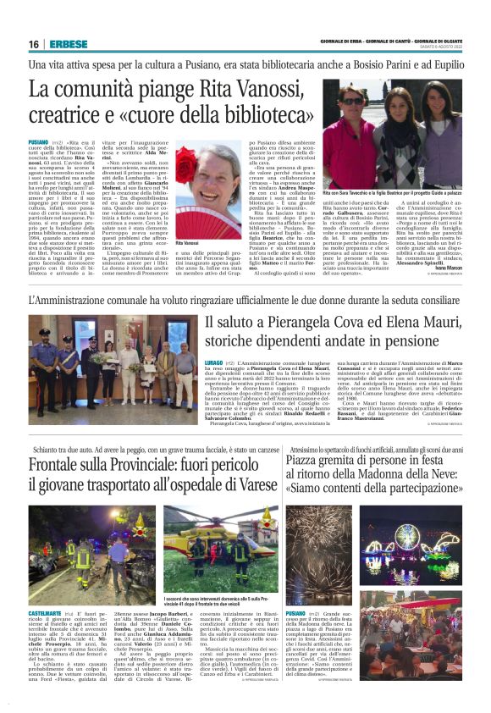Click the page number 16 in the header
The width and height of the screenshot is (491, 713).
point(33,44)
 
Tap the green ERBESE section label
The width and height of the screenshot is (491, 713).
point(65,44)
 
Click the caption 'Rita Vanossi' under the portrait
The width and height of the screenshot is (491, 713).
point(187,219)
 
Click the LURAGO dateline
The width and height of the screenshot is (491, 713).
point(214,361)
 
